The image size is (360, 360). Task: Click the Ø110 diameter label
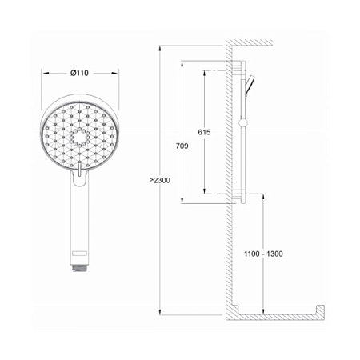(79, 73)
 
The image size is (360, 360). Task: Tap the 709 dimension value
(182, 146)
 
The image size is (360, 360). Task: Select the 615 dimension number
(204, 132)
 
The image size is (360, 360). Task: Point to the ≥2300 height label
(160, 181)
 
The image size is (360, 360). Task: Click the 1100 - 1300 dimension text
(263, 254)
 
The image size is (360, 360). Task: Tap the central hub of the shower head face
(79, 138)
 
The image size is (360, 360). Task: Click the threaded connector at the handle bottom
(79, 268)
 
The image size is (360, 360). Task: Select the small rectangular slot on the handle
(79, 253)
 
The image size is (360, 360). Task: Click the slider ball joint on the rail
(243, 122)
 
